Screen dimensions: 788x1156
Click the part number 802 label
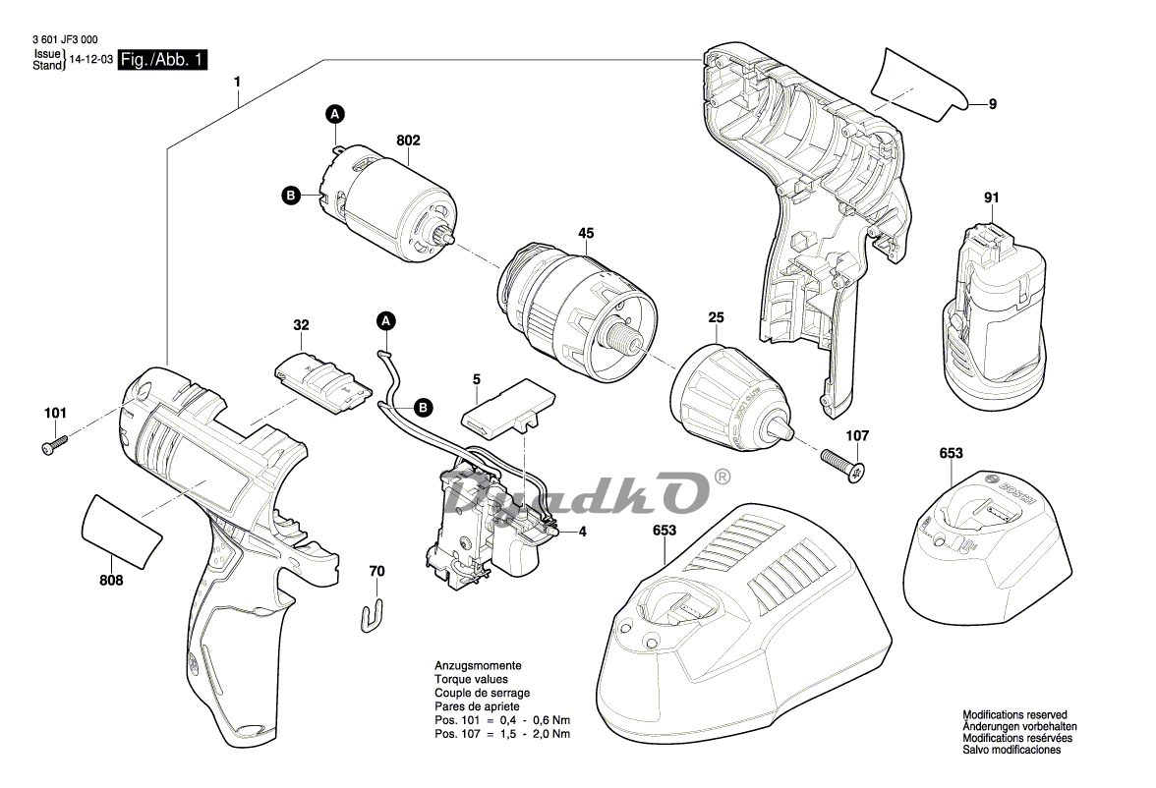click(408, 141)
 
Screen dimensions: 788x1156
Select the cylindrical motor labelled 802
click(385, 201)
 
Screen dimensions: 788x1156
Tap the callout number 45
click(585, 234)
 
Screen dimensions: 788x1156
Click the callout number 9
click(993, 103)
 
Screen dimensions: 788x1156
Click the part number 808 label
click(111, 581)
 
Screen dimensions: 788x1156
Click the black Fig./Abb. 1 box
click(163, 60)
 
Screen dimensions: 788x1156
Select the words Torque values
click(471, 680)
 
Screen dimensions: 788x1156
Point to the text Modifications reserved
click(1014, 715)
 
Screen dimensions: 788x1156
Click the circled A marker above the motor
click(334, 115)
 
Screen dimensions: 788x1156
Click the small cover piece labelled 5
click(504, 409)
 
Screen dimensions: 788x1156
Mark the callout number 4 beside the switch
click(582, 532)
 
